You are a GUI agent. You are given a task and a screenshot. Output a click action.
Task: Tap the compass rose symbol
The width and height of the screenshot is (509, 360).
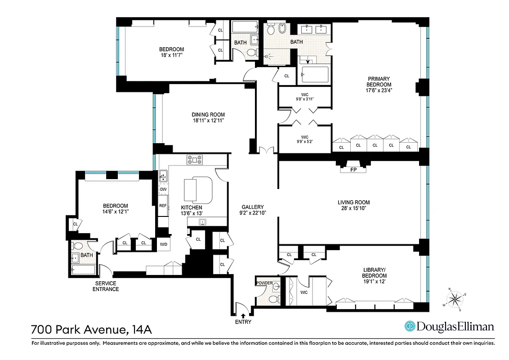pos(455,298)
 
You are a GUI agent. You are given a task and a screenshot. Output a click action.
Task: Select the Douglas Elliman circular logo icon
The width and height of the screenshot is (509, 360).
pos(410,326)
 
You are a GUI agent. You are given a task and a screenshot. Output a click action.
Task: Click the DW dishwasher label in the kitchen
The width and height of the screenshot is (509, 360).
pos(163,189)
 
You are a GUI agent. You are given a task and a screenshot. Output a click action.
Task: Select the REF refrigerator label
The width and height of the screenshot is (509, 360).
pos(163,206)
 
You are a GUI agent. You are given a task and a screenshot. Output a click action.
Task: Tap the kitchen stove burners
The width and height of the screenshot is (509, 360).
pos(195,159)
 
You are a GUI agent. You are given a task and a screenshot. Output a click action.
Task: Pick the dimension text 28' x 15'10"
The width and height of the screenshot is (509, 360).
pos(353,209)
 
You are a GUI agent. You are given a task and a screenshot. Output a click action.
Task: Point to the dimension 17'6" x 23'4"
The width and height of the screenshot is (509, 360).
pos(378,90)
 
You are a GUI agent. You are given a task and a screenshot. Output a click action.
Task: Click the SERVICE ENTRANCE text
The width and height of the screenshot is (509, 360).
pos(106,286)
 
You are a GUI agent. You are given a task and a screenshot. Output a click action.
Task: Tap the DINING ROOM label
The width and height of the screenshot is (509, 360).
pos(208,114)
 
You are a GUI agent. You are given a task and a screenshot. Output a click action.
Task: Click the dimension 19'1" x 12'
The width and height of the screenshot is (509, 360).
pos(375,281)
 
